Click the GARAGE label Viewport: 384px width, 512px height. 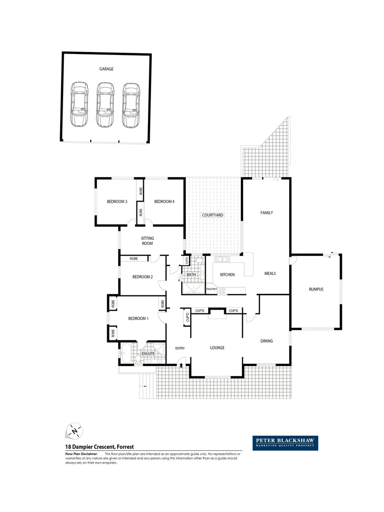point(106,69)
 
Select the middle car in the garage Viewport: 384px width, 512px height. point(105,105)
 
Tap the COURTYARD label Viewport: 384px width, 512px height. point(212,215)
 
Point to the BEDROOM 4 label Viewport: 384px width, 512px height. point(164,201)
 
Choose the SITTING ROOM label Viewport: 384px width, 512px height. point(147,241)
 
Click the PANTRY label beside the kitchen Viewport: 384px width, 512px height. point(211,289)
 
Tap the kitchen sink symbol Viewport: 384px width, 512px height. point(221,259)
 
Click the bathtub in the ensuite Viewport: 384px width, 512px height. point(127,353)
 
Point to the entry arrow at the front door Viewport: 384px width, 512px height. point(181,365)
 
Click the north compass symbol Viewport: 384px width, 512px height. point(74,430)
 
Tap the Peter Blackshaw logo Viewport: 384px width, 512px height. point(285,443)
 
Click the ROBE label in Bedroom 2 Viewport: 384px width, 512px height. point(134,259)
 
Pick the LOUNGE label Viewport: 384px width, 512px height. point(217,347)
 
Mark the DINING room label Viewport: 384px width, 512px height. point(267,341)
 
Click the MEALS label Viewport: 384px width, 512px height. point(270,274)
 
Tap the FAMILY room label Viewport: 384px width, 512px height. point(267,213)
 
